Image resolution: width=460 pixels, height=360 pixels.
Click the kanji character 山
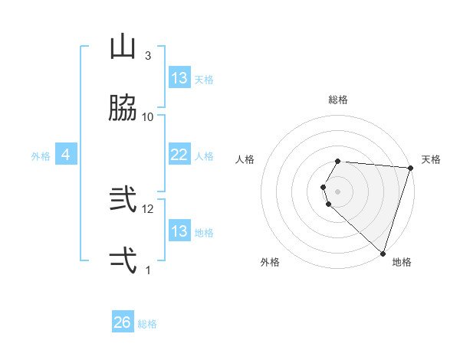pos(123,47)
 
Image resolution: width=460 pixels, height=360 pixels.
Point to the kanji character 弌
pos(123,260)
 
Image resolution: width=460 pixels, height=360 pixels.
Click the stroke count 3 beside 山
pos(148,56)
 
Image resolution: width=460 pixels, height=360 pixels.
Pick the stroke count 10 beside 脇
pos(148,116)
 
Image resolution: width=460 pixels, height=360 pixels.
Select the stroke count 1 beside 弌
pos(148,270)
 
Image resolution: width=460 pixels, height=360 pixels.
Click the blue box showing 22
pos(179,155)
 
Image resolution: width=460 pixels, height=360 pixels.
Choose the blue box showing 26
pos(123,323)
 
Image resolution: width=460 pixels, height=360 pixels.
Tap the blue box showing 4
pos(66,155)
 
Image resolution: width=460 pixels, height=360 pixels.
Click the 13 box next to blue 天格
pos(179,78)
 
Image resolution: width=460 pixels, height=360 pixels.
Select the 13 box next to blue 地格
pos(179,231)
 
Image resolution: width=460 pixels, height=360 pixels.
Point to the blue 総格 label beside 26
pos(147,324)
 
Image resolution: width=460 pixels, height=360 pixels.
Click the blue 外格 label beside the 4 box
pos(41,156)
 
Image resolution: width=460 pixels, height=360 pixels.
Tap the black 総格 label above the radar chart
pos(338,100)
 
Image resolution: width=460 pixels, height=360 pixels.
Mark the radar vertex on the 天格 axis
pos(410,169)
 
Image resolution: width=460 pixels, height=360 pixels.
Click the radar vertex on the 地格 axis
pos(383,253)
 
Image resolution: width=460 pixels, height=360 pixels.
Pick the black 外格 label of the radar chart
pos(270,262)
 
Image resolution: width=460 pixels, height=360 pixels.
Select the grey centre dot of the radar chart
pos(338,191)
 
